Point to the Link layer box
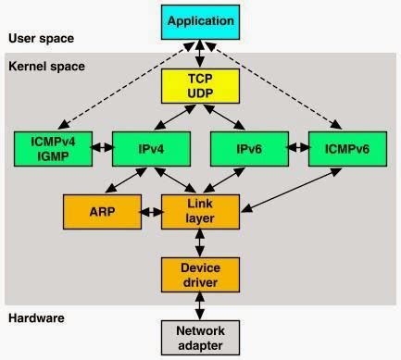pos(200,211)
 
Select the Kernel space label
pos(45,67)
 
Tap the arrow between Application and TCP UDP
pos(200,52)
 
